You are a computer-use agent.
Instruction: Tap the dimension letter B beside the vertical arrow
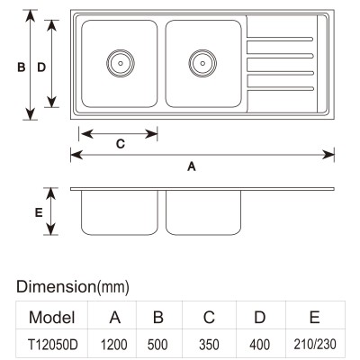pos(21,67)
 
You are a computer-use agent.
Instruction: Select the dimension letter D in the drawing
pos(41,67)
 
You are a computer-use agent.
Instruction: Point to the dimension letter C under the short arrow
pos(121,144)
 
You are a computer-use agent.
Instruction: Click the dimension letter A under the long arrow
pos(192,166)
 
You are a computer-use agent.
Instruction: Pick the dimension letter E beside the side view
pos(39,212)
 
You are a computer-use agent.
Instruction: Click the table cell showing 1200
pos(113,345)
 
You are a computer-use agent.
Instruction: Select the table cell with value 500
pos(157,345)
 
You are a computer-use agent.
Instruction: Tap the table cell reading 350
pos(209,345)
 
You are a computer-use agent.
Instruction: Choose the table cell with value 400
pos(259,345)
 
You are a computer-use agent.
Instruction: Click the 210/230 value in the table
pos(315,344)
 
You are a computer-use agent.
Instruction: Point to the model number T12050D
pos(53,345)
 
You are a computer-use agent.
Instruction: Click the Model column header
pos(52,317)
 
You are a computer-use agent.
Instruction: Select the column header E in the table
pos(314,317)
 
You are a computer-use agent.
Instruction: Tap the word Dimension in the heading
pos(56,286)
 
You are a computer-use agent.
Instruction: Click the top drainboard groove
pos(280,39)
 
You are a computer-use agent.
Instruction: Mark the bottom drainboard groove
pos(280,88)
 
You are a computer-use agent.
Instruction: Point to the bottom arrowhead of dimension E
pos(51,229)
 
